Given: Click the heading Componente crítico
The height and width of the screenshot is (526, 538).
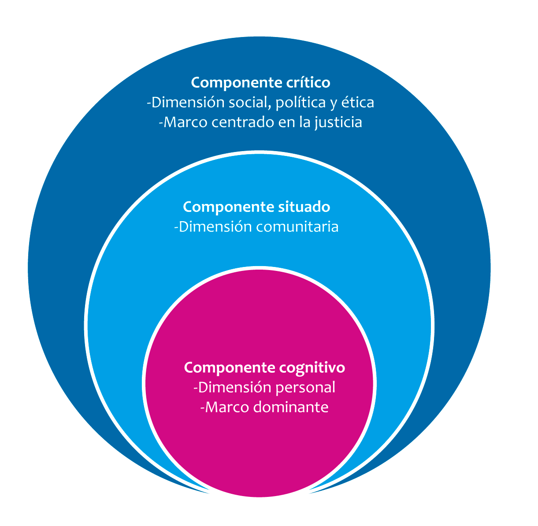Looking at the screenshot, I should pyautogui.click(x=260, y=82).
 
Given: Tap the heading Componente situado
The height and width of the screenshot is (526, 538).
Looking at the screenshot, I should pyautogui.click(x=256, y=207).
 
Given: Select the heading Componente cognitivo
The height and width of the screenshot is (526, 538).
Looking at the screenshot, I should pyautogui.click(x=264, y=367).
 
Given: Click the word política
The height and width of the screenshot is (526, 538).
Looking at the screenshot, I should pyautogui.click(x=300, y=103).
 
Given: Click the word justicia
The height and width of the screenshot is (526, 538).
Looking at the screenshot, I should pyautogui.click(x=339, y=122).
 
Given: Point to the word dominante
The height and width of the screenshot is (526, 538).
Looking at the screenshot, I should pyautogui.click(x=291, y=407).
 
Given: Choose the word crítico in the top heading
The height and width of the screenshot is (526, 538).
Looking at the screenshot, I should pyautogui.click(x=311, y=82).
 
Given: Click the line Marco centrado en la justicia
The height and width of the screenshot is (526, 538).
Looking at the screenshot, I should pyautogui.click(x=260, y=122).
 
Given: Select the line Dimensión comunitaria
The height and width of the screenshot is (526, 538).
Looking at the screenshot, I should pyautogui.click(x=256, y=227).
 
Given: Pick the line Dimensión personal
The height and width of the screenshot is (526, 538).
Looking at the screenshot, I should pyautogui.click(x=264, y=387).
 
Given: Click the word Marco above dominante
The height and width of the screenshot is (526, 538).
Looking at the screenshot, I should pyautogui.click(x=227, y=407).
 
